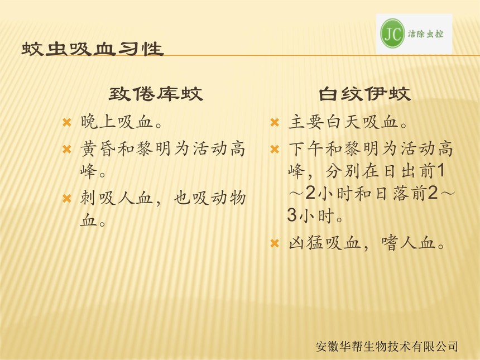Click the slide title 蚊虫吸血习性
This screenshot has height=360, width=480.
(93, 49)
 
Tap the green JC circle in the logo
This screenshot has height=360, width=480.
(392, 33)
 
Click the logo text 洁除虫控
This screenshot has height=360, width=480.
(425, 33)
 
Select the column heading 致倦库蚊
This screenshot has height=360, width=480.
(156, 94)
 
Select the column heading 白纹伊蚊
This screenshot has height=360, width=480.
(364, 94)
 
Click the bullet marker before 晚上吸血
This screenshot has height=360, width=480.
(67, 122)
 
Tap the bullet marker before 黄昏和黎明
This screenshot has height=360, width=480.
(67, 150)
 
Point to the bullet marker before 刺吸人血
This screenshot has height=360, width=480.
(67, 198)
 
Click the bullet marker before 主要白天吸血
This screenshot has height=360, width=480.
(275, 122)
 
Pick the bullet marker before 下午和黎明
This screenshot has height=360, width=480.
(275, 150)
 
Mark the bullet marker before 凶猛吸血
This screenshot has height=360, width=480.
(275, 243)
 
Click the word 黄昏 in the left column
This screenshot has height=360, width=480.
(98, 149)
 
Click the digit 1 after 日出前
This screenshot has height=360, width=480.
(441, 170)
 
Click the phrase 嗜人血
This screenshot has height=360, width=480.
(409, 243)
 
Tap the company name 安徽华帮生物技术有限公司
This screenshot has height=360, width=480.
(387, 346)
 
